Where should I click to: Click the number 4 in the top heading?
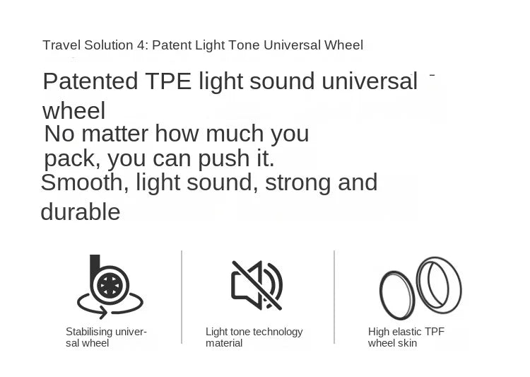pyautogui.click(x=141, y=45)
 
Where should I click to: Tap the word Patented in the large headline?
pyautogui.click(x=90, y=81)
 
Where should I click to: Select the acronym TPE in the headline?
pyautogui.click(x=168, y=81)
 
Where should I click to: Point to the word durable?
pyautogui.click(x=81, y=211)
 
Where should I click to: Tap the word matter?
pyautogui.click(x=115, y=134)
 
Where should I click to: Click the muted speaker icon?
pyautogui.click(x=257, y=285)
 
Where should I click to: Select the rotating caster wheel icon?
pyautogui.click(x=110, y=286)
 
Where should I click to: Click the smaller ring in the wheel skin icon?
pyautogui.click(x=397, y=295)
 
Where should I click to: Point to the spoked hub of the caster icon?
pyautogui.click(x=110, y=285)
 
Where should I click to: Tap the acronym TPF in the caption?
pyautogui.click(x=435, y=331)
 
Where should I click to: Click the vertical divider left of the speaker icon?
pyautogui.click(x=182, y=297)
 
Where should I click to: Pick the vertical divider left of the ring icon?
pyautogui.click(x=334, y=297)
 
